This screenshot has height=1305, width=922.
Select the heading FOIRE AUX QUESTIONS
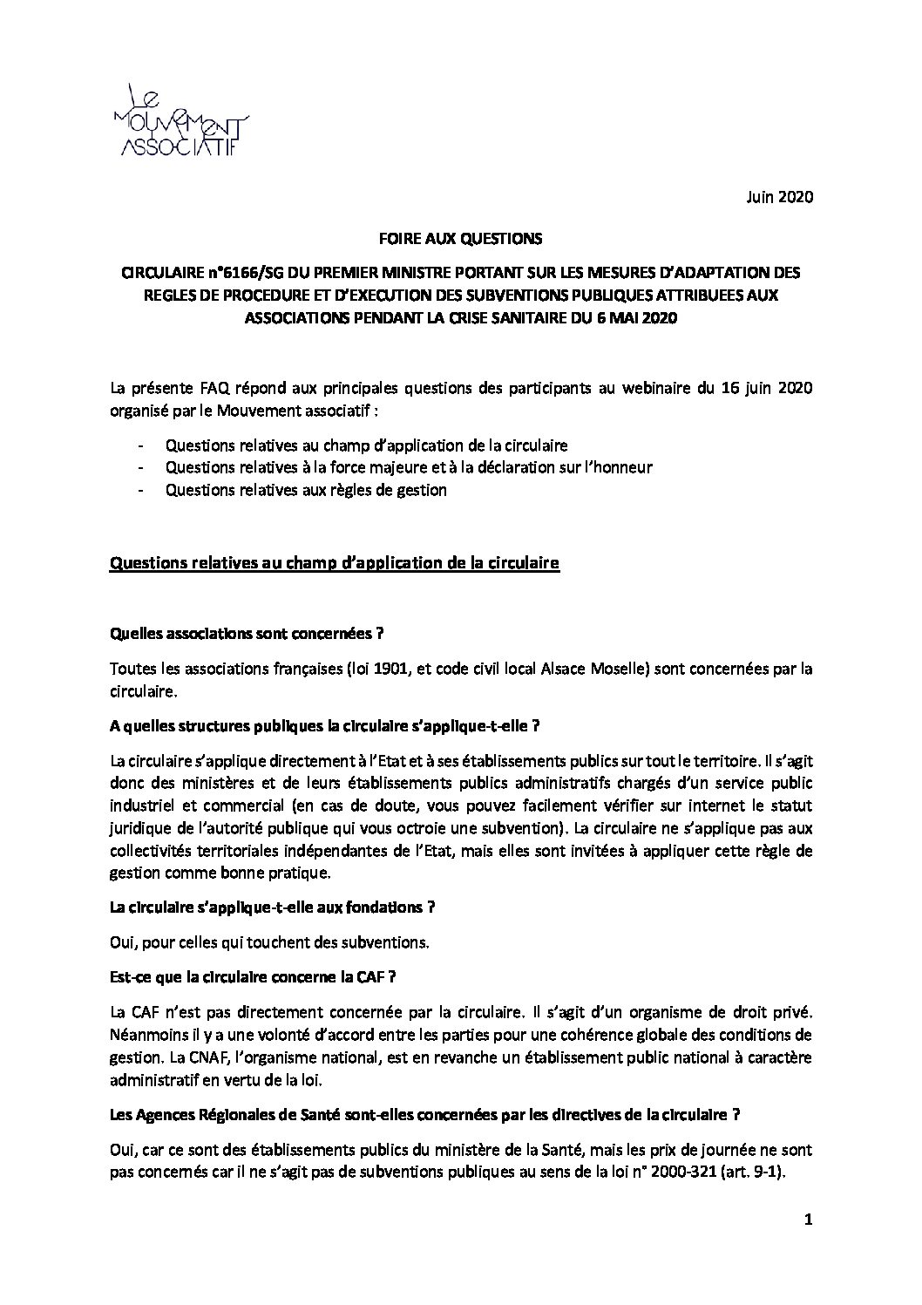pyautogui.click(x=461, y=237)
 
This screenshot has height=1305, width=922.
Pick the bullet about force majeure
pyautogui.click(x=408, y=467)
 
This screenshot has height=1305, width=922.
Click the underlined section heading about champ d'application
pyautogui.click(x=334, y=564)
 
